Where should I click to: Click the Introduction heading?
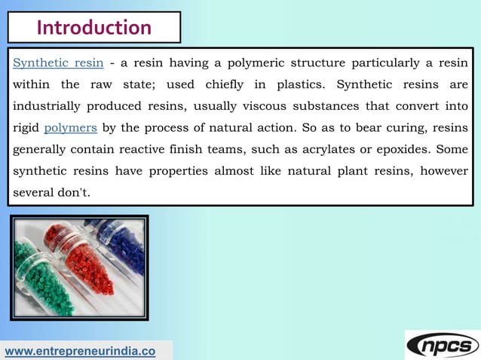[94, 28]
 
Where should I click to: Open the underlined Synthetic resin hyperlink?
[58, 62]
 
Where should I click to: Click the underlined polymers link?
[70, 127]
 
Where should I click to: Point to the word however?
[444, 171]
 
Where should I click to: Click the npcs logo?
[443, 344]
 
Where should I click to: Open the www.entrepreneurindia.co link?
[81, 351]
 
